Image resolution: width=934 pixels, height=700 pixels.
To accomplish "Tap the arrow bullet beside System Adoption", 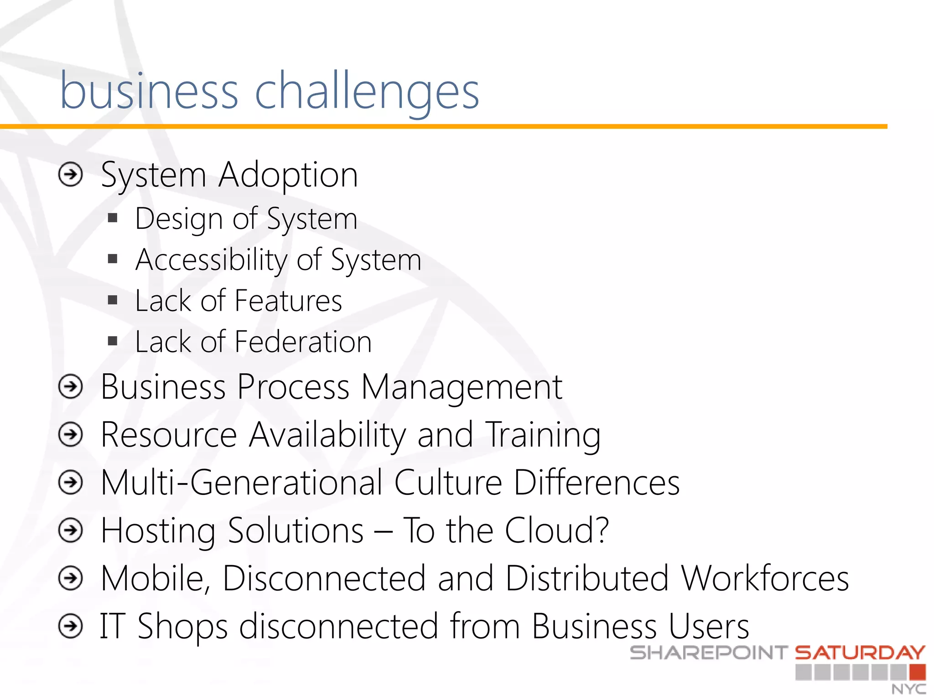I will click(71, 175).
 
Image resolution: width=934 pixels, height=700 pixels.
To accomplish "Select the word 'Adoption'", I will click(288, 175).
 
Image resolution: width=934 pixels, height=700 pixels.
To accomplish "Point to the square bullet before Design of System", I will click(113, 218).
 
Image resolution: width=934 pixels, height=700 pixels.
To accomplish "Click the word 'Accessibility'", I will click(211, 261).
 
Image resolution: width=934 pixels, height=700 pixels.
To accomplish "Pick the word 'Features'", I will click(288, 301).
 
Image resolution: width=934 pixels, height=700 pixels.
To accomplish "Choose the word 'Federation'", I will click(303, 342).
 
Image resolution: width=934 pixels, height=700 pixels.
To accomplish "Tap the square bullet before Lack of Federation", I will click(113, 341).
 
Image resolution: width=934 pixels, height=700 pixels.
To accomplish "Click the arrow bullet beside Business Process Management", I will click(71, 387).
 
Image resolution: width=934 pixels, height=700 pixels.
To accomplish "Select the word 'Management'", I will click(462, 387).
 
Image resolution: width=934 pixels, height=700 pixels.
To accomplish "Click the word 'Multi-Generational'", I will click(241, 483).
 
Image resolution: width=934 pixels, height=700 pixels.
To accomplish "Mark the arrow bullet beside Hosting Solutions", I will click(71, 530).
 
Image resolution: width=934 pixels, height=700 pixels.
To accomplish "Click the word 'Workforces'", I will click(765, 578).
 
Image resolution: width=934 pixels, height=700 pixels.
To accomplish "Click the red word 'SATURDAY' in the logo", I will click(860, 653).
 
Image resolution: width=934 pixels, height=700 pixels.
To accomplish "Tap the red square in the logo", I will click(917, 672).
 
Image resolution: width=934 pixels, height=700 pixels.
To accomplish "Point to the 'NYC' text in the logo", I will click(908, 689).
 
